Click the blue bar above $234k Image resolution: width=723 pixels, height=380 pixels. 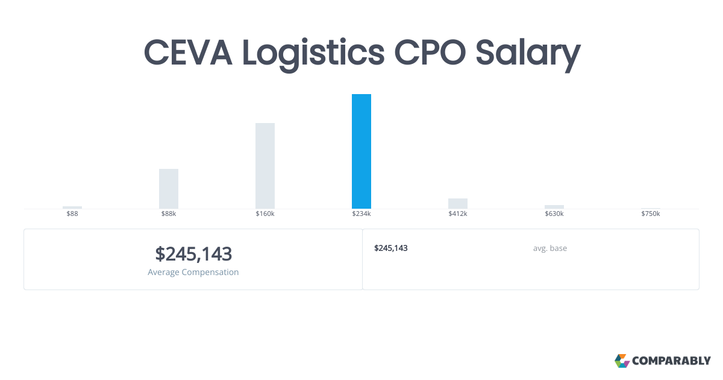361,151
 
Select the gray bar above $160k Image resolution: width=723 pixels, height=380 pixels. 265,166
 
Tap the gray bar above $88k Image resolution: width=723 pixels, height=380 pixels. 169,189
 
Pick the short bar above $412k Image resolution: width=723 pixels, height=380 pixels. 458,203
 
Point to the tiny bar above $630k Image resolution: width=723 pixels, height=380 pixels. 554,207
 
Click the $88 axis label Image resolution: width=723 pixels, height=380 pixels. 72,214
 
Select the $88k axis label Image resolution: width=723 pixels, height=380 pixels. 169,214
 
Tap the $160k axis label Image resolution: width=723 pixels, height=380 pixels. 265,214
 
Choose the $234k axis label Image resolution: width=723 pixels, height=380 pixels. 361,214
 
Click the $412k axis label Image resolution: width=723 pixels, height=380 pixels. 458,214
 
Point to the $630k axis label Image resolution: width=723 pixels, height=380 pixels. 554,214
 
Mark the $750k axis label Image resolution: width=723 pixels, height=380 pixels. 651,214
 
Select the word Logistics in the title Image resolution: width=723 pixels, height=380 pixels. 313,54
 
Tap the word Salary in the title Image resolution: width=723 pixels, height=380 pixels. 528,54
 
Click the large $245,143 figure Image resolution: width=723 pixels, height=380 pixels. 193,254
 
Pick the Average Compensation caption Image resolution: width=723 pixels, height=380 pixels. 193,272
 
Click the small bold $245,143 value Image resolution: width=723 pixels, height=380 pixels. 391,248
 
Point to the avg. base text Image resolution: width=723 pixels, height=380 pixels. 549,248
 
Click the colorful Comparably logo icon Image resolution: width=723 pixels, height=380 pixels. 622,361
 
